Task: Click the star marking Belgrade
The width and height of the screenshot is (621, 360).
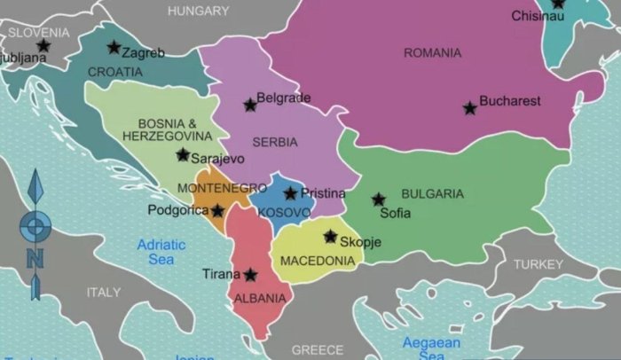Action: tap(250, 106)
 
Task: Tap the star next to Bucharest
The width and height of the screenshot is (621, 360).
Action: tap(469, 108)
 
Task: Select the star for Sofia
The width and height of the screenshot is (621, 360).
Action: tap(379, 200)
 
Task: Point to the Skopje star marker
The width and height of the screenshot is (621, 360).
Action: tap(330, 237)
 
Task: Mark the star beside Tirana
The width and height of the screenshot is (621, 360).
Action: tap(251, 276)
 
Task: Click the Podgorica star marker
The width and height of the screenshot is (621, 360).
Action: tap(217, 211)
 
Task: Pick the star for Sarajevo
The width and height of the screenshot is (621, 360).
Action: tap(183, 155)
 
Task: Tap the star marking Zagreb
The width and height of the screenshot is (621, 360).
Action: tap(114, 48)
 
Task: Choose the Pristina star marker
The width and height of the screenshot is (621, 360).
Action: tap(290, 193)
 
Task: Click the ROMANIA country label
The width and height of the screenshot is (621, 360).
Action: tap(432, 53)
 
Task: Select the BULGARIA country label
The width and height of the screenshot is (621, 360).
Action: tap(432, 193)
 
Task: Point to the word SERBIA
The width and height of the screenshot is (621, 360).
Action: tap(274, 142)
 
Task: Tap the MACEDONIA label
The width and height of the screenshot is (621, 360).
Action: tap(318, 261)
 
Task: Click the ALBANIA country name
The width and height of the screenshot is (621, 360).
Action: tap(260, 299)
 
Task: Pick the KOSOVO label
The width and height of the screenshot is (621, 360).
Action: tap(284, 213)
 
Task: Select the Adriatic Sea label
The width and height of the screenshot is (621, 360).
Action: tap(161, 252)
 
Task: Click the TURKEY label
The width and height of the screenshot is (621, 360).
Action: tap(538, 264)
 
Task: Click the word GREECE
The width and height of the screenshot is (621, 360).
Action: tap(317, 349)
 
